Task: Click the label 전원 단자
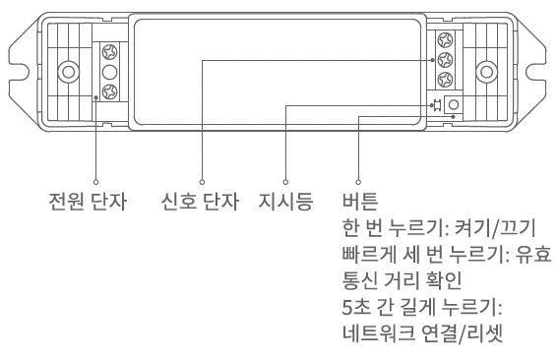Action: click(88, 202)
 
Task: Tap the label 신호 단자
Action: click(200, 202)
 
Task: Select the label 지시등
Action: click(285, 202)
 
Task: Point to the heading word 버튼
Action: click(360, 202)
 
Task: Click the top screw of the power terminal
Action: click(109, 52)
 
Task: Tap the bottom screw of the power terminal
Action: click(109, 91)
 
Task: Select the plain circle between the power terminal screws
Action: click(109, 72)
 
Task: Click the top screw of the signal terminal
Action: click(445, 39)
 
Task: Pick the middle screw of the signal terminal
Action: click(445, 59)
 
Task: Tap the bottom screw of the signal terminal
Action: click(445, 79)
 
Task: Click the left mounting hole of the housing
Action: click(69, 72)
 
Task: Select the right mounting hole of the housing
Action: click(486, 72)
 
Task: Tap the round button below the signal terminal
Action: click(454, 104)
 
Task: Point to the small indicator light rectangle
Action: click(438, 105)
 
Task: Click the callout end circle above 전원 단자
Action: click(95, 182)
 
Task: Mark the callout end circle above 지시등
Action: click(285, 182)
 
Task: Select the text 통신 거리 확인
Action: click(402, 281)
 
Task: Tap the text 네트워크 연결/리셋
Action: click(423, 333)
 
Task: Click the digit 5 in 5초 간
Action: click(347, 308)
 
